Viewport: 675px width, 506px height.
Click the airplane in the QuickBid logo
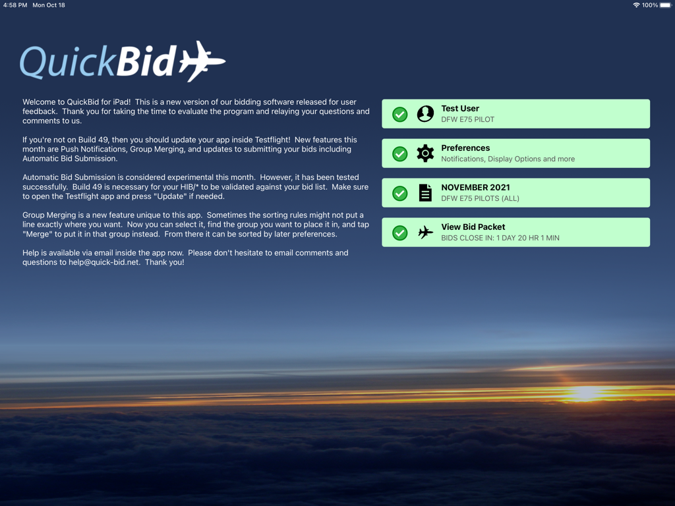(x=202, y=62)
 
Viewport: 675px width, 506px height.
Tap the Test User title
(x=460, y=109)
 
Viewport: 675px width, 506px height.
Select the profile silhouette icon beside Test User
(x=425, y=114)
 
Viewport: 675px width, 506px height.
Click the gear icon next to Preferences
(x=425, y=154)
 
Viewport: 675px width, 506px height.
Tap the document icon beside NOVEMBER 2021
(x=425, y=193)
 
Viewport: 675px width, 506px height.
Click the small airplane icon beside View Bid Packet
(x=425, y=233)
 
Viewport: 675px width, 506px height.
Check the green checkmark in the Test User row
(x=399, y=114)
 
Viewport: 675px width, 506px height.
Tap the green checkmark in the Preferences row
(x=399, y=154)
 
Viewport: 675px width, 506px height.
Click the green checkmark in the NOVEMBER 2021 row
(x=399, y=193)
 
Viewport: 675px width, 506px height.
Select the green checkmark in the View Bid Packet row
(x=399, y=233)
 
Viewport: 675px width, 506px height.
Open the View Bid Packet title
(x=473, y=227)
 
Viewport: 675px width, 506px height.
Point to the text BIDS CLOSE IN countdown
(x=500, y=238)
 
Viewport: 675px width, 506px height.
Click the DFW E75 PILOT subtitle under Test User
(x=467, y=119)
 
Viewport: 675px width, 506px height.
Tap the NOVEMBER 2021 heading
(x=475, y=188)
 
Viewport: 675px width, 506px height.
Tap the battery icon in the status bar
(x=666, y=5)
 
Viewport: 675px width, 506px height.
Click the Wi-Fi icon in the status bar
(x=636, y=5)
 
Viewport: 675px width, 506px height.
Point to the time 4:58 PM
(x=15, y=5)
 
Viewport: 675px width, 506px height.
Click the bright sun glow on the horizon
(x=584, y=393)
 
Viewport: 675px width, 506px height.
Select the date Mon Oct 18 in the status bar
(x=49, y=5)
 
